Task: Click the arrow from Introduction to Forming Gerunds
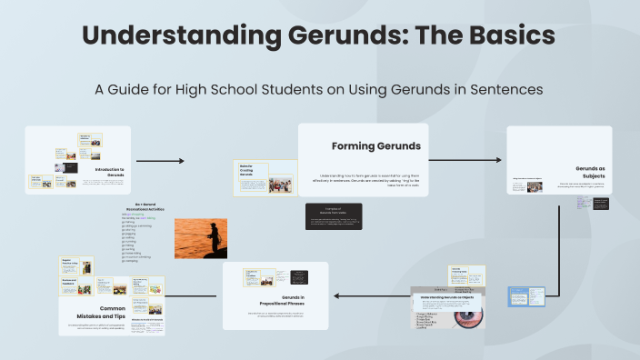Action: [x=159, y=161]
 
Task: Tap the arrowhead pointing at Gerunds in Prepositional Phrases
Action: [x=336, y=295]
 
